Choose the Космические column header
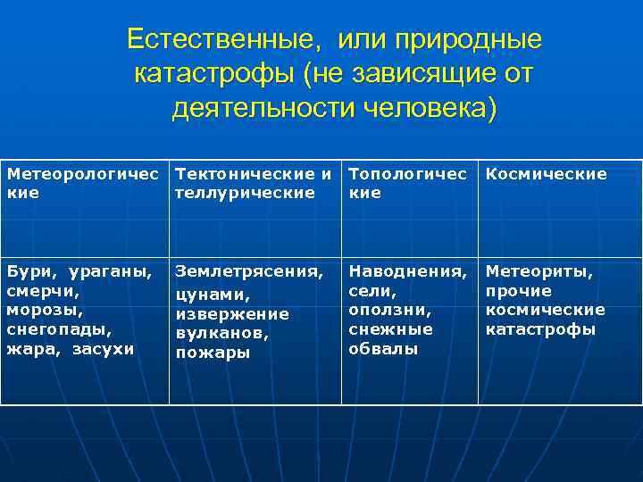point(546,174)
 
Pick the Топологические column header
point(406,183)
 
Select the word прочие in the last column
point(518,291)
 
